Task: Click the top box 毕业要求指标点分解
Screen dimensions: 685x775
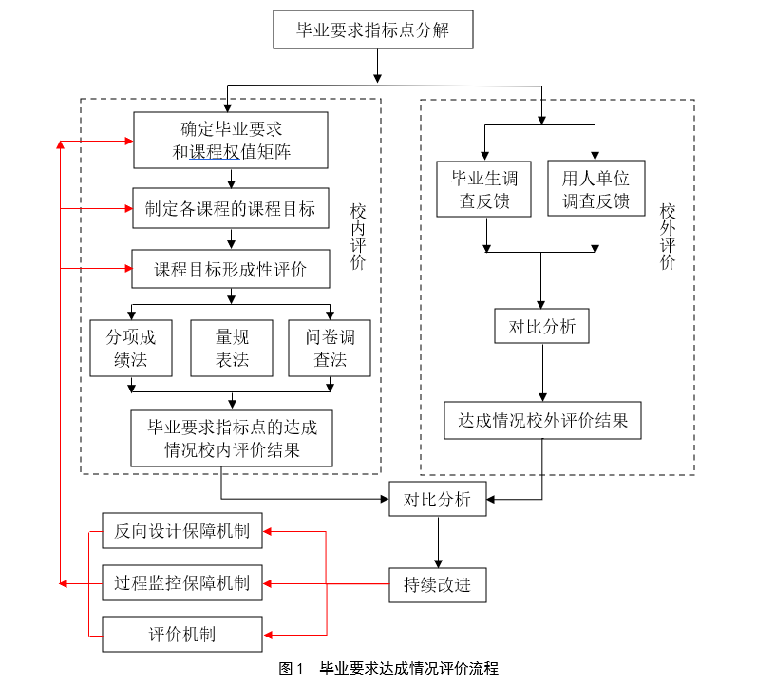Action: point(372,29)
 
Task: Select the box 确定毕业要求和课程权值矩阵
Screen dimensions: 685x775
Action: point(231,140)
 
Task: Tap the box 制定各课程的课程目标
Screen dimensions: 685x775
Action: point(231,208)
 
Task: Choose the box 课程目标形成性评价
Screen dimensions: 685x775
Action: point(231,269)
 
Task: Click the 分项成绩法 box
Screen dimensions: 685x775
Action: point(132,348)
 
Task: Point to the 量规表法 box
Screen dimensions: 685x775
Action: point(233,348)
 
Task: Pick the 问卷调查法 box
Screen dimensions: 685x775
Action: point(331,348)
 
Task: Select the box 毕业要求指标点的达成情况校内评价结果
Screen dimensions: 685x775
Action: point(233,438)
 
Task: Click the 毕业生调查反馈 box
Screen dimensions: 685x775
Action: point(485,189)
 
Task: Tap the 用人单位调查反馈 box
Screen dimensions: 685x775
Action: point(595,189)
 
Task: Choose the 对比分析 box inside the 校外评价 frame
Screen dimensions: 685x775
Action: point(542,326)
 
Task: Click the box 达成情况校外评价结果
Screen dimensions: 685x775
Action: point(542,420)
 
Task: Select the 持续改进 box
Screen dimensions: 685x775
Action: point(437,584)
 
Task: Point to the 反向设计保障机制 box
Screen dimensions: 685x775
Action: point(182,531)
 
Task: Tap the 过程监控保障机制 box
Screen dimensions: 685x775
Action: point(182,582)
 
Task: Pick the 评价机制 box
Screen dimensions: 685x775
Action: point(182,634)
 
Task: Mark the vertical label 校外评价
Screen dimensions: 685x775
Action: point(668,238)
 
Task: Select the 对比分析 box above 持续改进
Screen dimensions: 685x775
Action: point(437,500)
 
